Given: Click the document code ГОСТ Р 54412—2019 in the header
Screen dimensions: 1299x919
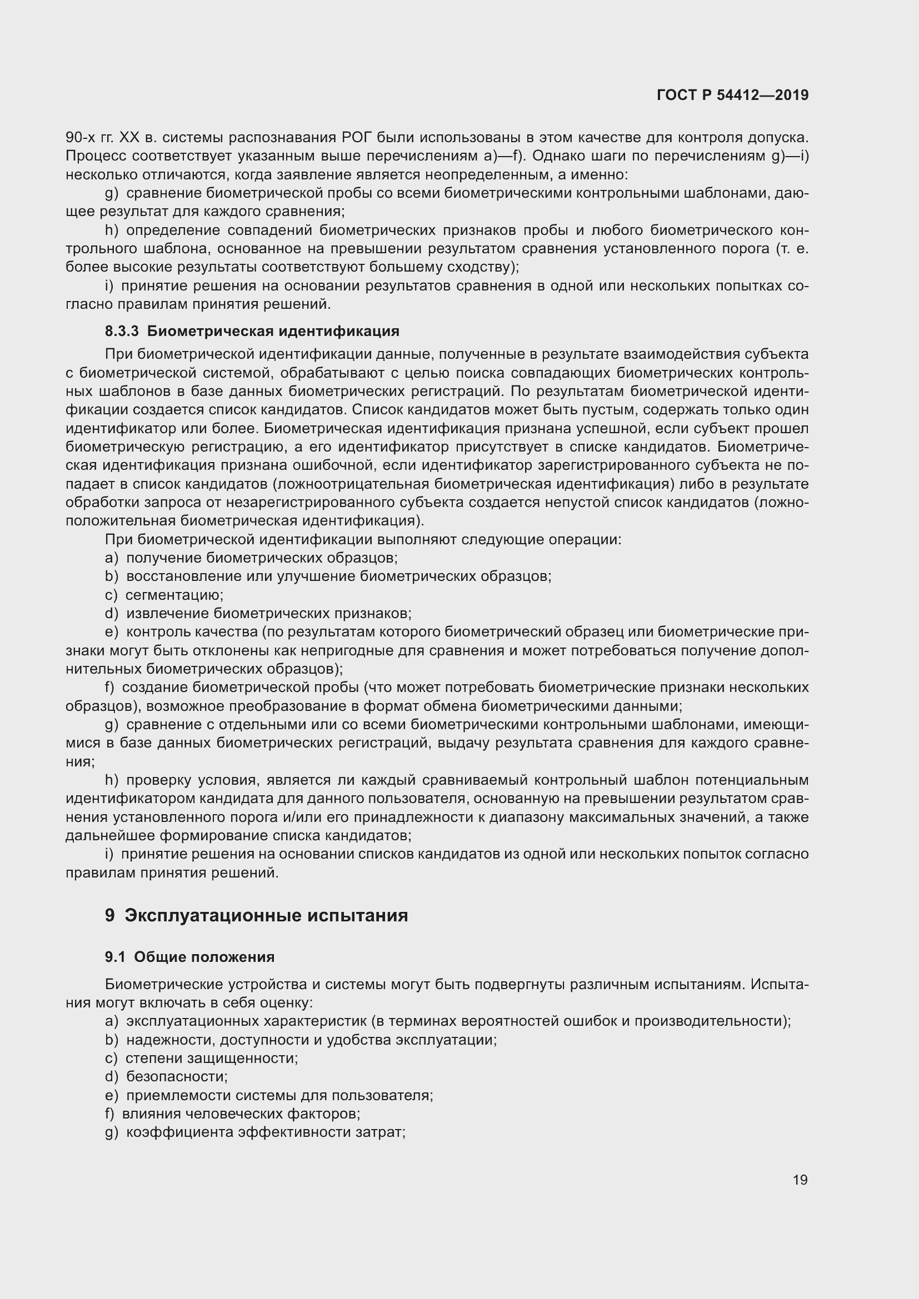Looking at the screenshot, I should [732, 95].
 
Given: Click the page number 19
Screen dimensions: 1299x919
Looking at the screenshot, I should [800, 1180].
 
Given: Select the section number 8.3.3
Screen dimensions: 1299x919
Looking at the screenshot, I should [122, 331].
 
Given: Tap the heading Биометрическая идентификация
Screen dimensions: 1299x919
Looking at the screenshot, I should [273, 331].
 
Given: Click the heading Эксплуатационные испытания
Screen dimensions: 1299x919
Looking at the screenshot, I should [266, 915].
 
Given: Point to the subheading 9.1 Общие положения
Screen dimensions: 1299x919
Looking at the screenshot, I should [189, 957].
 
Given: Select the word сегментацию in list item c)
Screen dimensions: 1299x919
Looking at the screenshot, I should [174, 595].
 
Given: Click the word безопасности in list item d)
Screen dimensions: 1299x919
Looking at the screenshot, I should [176, 1076].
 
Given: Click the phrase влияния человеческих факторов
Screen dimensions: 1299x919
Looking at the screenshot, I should [241, 1114].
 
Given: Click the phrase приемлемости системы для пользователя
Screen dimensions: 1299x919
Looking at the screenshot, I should [279, 1095].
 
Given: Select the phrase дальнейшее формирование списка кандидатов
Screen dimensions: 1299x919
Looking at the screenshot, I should [238, 836].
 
